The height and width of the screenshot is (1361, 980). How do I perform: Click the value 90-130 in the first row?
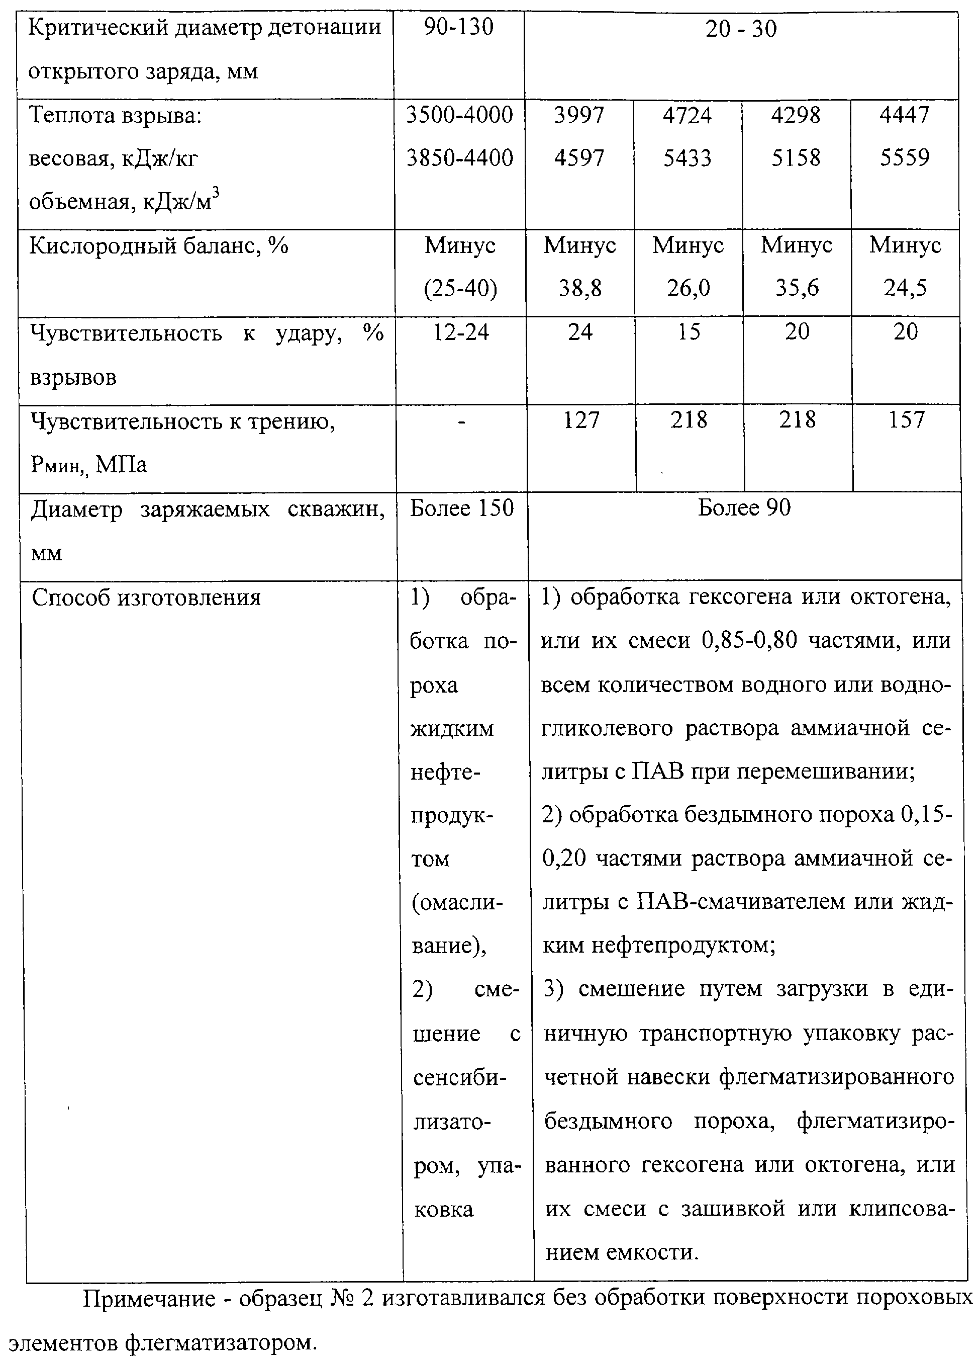coord(459,28)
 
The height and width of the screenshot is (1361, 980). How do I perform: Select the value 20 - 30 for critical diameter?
coord(741,29)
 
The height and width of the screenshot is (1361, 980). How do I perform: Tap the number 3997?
coord(579,115)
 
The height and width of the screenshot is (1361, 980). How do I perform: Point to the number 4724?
coord(688,115)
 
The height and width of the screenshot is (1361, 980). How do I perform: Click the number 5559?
coord(905,158)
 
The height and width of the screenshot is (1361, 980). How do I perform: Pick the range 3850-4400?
coord(459,158)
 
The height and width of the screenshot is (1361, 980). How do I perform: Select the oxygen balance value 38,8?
coord(579,289)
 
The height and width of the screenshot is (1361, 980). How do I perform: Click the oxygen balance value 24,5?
coord(905,289)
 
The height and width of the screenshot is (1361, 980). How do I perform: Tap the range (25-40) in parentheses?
coord(460,289)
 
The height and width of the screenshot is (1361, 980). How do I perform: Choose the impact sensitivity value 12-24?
coord(461,332)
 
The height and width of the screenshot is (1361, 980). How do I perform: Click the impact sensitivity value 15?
coord(689,332)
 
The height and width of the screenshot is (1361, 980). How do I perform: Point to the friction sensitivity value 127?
coord(581,419)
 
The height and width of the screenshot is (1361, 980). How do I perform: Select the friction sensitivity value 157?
coord(906,419)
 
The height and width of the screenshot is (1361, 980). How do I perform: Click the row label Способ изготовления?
coord(146,598)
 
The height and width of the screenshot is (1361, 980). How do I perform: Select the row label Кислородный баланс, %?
coord(158,245)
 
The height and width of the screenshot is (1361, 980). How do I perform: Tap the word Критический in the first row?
coord(99,28)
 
